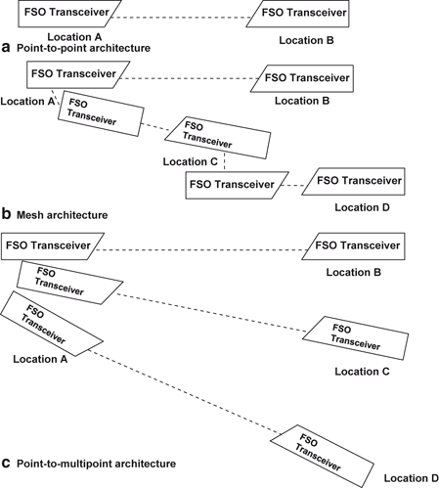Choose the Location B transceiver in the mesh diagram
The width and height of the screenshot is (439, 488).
303,77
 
